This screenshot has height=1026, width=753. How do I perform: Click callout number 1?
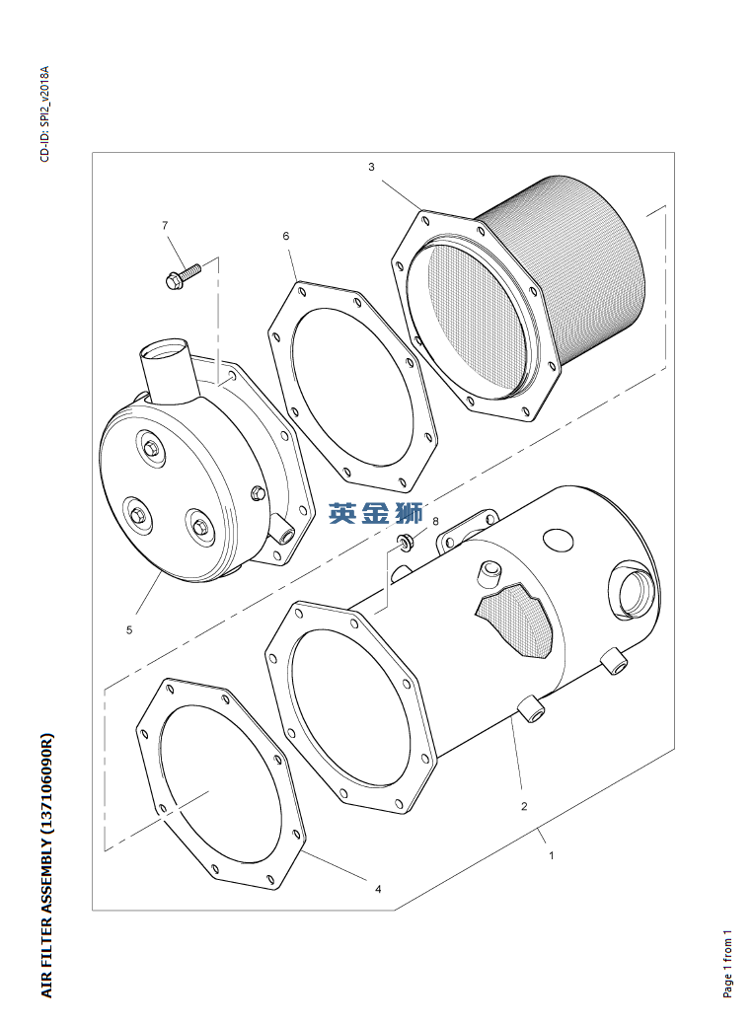click(551, 855)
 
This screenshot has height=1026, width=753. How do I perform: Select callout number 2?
click(524, 806)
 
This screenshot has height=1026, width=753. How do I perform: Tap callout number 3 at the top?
click(371, 167)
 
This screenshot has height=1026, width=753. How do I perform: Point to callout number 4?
click(377, 889)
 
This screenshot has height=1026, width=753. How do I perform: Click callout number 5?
click(129, 629)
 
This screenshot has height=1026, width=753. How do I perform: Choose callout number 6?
click(285, 237)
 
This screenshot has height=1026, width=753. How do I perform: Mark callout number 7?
click(165, 226)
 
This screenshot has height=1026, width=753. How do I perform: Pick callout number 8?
click(434, 520)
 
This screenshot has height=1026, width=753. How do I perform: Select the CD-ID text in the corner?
click(44, 113)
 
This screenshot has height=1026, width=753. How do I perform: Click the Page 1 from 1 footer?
click(727, 963)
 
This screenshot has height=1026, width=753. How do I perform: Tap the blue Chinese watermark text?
click(376, 513)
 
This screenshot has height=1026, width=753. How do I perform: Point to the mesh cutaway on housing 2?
click(515, 620)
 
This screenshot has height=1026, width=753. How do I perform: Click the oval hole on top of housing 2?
click(558, 539)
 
